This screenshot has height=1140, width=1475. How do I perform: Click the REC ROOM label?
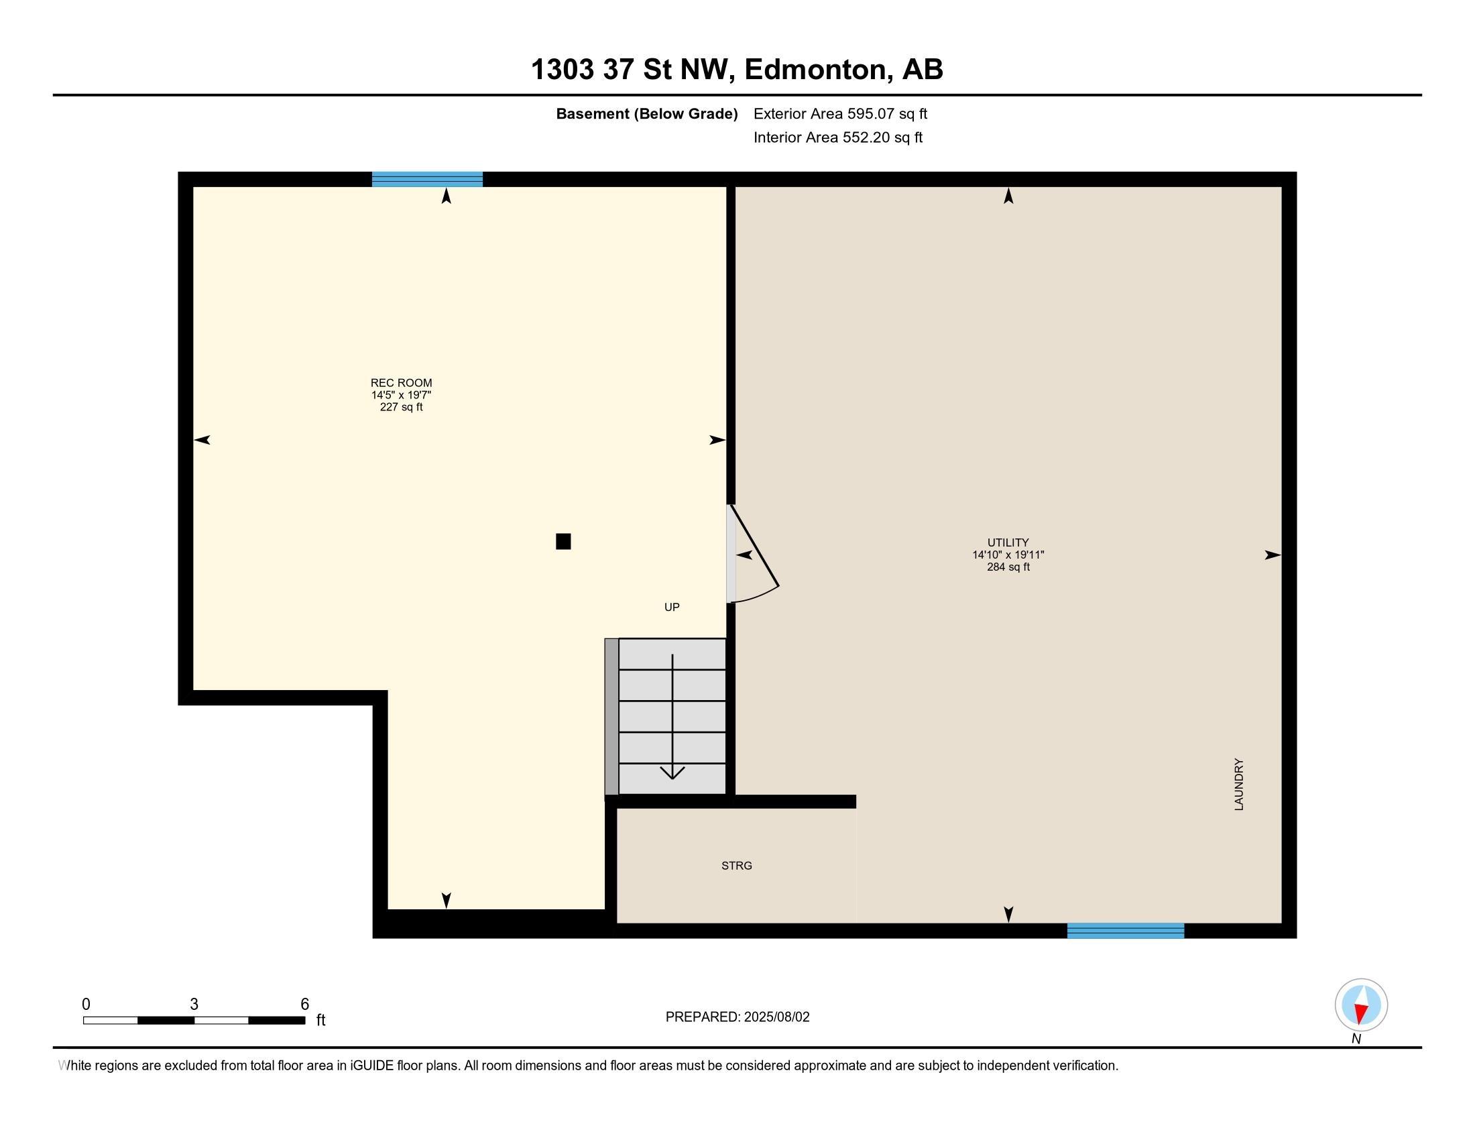[401, 383]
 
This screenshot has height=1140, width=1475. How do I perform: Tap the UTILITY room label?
[1008, 543]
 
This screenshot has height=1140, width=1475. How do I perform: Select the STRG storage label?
[737, 866]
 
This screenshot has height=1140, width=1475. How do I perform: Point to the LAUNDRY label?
[1238, 784]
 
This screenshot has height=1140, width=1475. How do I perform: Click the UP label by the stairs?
[672, 607]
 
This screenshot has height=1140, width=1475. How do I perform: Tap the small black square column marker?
[563, 542]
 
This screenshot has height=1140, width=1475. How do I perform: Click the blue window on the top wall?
[428, 179]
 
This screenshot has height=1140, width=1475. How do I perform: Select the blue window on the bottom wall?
[1126, 931]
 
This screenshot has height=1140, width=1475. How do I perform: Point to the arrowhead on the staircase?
[672, 773]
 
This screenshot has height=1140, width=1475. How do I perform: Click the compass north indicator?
[1361, 1005]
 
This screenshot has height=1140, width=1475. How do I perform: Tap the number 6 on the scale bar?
[304, 1005]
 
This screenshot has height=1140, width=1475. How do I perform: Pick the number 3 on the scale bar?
[194, 1005]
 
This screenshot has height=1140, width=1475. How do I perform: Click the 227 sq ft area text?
[401, 407]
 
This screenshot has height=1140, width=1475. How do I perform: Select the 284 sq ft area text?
[1008, 567]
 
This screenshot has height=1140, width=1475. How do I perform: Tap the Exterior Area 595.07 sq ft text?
[840, 114]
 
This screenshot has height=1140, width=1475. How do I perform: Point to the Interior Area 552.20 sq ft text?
[838, 137]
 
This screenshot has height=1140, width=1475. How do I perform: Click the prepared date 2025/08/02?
[776, 1017]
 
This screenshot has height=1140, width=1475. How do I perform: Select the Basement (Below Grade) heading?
[647, 114]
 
